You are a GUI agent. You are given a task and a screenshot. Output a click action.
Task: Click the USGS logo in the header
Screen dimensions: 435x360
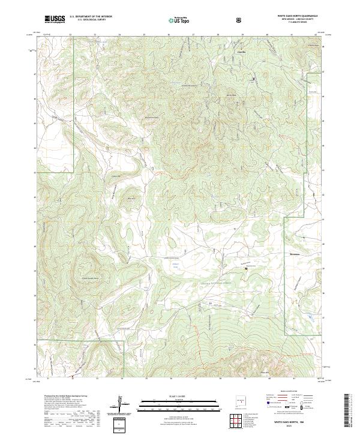[56, 20]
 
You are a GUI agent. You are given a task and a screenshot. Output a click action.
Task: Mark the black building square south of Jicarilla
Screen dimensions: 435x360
[253, 79]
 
